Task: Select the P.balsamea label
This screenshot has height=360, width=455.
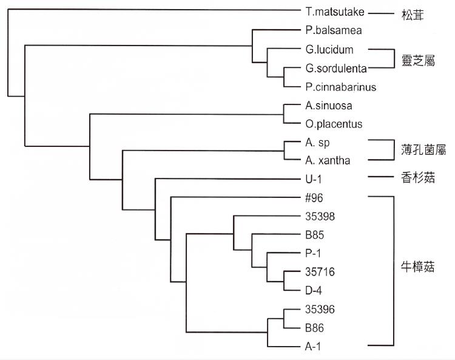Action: point(331,30)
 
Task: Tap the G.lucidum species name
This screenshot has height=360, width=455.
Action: point(329,49)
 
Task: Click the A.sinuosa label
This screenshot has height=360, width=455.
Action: point(326,106)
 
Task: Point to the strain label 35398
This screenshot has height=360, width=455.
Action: point(321,216)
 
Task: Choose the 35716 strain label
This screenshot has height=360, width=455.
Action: point(321,272)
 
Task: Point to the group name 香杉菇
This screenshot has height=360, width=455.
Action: point(419,179)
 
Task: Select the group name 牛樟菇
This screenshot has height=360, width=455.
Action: point(419,267)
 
